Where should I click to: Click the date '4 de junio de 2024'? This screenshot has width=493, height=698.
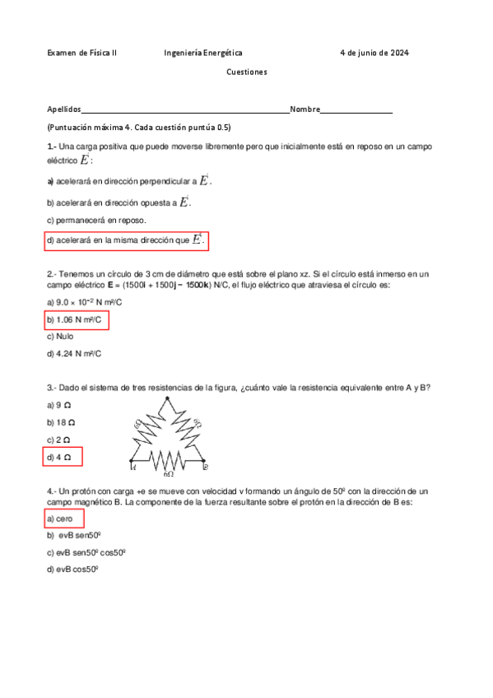tap(374, 54)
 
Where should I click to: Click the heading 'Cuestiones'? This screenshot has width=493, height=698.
tap(247, 72)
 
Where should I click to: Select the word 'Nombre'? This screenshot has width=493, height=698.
tap(305, 109)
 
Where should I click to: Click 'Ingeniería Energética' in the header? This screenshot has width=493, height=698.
tap(202, 54)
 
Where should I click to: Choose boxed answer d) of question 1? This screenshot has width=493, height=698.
tap(126, 240)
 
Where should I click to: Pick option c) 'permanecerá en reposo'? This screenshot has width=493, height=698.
tap(97, 221)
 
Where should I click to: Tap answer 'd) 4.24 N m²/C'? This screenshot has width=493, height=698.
tap(75, 354)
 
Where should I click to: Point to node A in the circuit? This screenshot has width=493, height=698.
tap(131, 462)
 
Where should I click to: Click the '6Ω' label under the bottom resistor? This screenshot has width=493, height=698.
tap(168, 475)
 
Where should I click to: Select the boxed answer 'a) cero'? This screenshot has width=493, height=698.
tap(64, 519)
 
